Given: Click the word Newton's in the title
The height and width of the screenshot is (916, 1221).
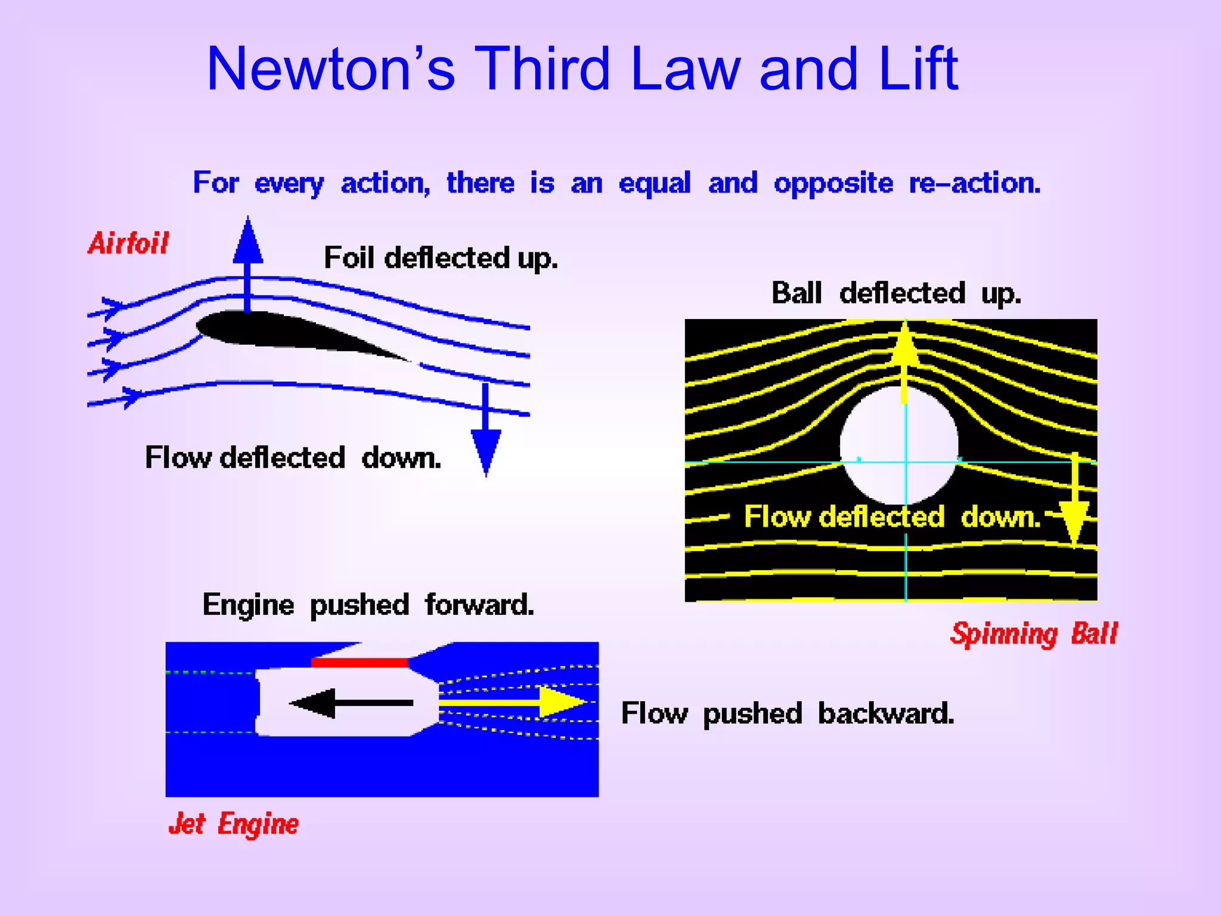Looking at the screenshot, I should coord(331,70).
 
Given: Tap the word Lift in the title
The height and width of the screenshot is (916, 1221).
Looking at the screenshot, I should coord(918,69).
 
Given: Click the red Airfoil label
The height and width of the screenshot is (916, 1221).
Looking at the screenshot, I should coord(128,243).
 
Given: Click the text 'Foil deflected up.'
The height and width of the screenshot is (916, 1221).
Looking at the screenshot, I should coord(441,258).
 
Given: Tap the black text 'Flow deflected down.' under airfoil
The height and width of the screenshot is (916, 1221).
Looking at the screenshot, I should coord(293,458).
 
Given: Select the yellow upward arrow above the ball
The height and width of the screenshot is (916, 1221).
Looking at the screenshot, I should coord(905,358).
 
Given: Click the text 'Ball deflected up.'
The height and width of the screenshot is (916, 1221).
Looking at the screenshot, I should coord(896,293).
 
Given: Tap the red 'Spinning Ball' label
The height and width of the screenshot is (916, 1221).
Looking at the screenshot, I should coord(1033,633).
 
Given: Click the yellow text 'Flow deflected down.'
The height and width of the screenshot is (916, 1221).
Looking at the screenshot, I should coord(892,516).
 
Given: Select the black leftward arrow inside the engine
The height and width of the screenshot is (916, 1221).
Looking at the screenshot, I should coord(352,703).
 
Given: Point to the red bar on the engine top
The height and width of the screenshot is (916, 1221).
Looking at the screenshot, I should coord(359,663).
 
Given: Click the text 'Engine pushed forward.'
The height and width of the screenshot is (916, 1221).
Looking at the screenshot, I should coord(368,605).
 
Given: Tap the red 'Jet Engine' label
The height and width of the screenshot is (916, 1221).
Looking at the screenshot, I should coord(233,825).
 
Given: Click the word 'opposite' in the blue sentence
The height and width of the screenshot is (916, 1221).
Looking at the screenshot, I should coord(833,184).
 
